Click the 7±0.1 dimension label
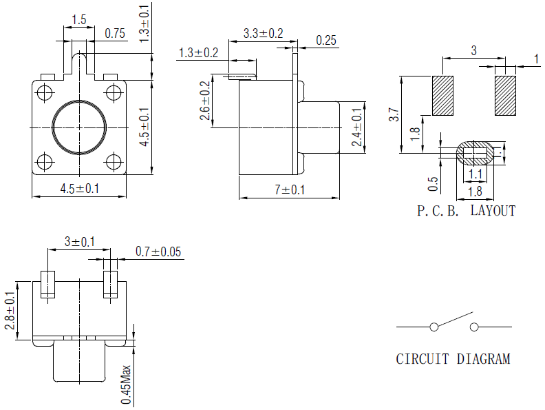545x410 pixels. [x=289, y=189]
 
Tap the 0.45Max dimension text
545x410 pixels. [x=126, y=385]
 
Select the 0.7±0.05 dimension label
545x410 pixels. [x=158, y=252]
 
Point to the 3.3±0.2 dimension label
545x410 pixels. [x=263, y=34]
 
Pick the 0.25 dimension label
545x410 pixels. [x=326, y=41]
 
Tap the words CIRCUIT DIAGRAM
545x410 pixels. [x=453, y=359]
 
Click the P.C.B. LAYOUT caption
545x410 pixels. [x=466, y=211]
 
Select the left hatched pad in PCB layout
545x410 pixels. [x=443, y=96]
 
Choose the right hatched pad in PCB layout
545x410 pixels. [x=505, y=96]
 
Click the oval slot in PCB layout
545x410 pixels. [x=475, y=152]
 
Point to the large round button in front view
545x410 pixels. [x=79, y=127]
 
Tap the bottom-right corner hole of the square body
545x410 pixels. [x=114, y=162]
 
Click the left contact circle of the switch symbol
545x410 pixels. [x=434, y=327]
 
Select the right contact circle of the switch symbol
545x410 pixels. [x=474, y=327]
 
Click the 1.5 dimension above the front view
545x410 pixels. [x=78, y=20]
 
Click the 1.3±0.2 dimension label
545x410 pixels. [x=198, y=53]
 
